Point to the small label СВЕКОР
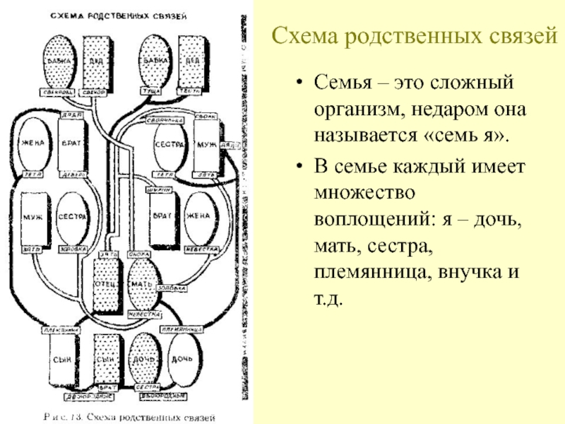97,91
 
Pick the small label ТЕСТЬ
192,91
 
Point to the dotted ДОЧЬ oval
143,359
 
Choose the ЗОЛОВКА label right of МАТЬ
177,288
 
